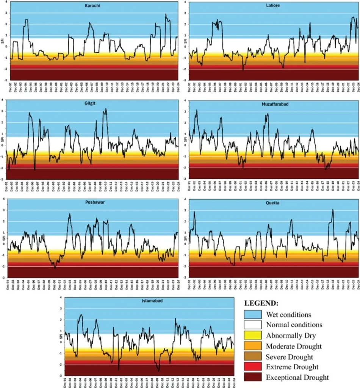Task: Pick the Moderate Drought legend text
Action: [x=294, y=346]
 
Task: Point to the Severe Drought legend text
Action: [x=289, y=357]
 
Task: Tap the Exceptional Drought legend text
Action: [x=297, y=377]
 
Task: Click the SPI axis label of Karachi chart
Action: [x=2, y=41]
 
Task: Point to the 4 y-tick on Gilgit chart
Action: [x=3, y=100]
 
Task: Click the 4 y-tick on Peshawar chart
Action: [x=3, y=199]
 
